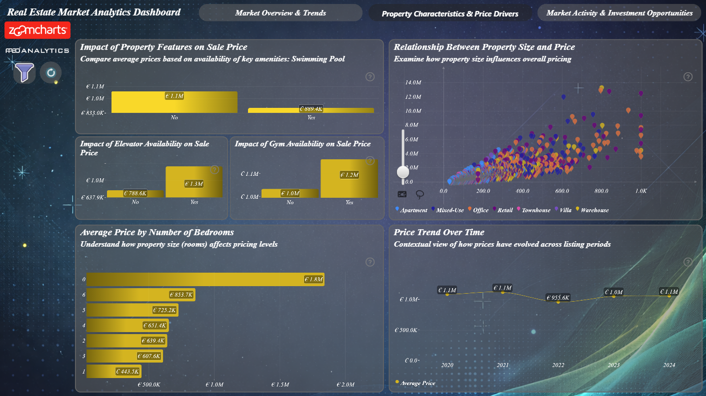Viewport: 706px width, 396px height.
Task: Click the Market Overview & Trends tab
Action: pyautogui.click(x=280, y=13)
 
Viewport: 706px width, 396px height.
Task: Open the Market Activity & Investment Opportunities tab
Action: pyautogui.click(x=619, y=13)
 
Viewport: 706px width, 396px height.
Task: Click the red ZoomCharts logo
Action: pyautogui.click(x=37, y=30)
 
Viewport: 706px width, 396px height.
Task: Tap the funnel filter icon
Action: pyautogui.click(x=24, y=72)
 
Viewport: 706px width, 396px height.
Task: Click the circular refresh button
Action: pyautogui.click(x=50, y=73)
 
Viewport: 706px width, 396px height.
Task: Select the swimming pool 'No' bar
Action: pyautogui.click(x=174, y=102)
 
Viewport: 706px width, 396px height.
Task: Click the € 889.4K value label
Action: pyautogui.click(x=311, y=108)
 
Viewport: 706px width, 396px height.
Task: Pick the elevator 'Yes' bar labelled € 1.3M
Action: pyautogui.click(x=194, y=182)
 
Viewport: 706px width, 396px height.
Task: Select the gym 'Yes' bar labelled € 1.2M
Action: pyautogui.click(x=349, y=178)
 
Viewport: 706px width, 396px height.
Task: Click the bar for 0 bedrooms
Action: pyautogui.click(x=205, y=279)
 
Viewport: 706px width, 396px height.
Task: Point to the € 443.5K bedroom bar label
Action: pyautogui.click(x=127, y=372)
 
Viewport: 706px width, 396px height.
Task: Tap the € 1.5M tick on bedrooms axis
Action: pyautogui.click(x=280, y=385)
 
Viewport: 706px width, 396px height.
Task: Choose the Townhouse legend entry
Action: pyautogui.click(x=533, y=210)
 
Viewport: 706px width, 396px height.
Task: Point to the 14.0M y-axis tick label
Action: pyautogui.click(x=413, y=82)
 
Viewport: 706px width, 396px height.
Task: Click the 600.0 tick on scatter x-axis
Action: pyautogui.click(x=562, y=191)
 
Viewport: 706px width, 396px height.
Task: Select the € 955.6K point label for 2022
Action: pyautogui.click(x=558, y=298)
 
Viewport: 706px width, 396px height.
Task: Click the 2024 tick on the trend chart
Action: pyautogui.click(x=669, y=365)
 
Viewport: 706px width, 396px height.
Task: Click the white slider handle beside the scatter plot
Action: pyautogui.click(x=403, y=172)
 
